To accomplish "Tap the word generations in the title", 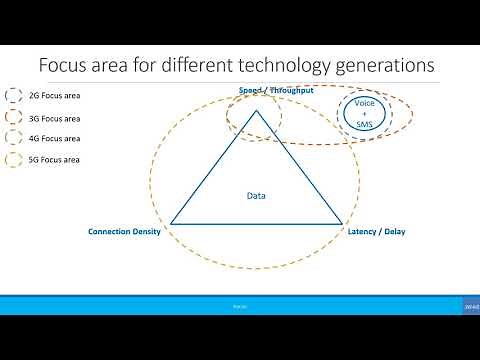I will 384,67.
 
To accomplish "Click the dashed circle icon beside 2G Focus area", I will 14,97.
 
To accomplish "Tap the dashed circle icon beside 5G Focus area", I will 14,159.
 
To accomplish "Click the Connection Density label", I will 124,232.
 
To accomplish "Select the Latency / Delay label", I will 376,232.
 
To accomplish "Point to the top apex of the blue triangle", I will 257,110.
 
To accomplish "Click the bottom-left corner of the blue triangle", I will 171,223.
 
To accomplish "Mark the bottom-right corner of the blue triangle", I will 343,223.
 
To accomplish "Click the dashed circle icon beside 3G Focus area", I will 14,118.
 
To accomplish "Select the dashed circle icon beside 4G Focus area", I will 14,138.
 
